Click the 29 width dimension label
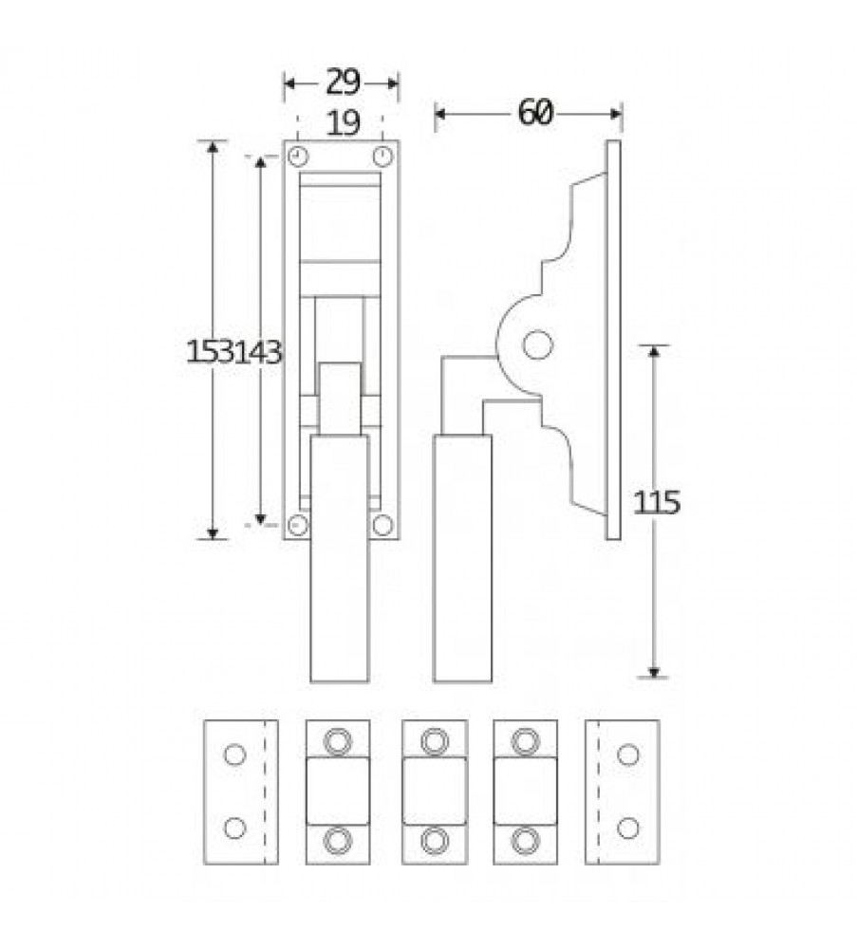click(343, 83)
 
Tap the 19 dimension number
click(343, 122)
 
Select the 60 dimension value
click(535, 113)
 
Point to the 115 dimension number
click(657, 502)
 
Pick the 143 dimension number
click(258, 352)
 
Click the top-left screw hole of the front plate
click(298, 158)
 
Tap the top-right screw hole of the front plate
click(382, 158)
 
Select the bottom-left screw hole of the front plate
click(298, 526)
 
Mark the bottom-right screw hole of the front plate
click(382, 526)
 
